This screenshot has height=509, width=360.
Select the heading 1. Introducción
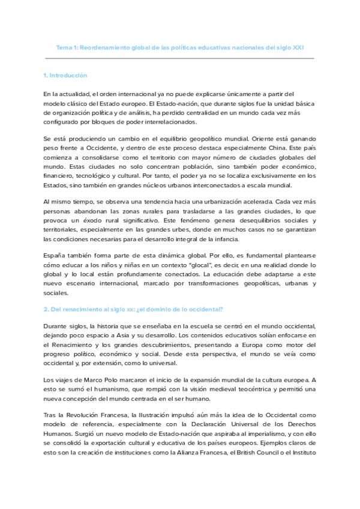65,76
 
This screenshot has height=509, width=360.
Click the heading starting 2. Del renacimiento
133,310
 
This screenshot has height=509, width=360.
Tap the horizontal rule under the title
179,58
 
